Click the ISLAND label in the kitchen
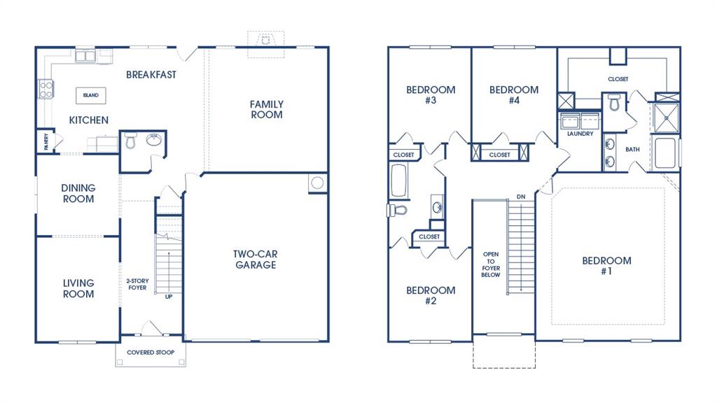coord(90,95)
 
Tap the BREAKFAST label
coord(151,74)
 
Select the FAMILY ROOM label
coord(267,109)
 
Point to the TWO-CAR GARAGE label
coord(255,260)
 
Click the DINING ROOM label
coord(78,193)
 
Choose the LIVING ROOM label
coord(78,288)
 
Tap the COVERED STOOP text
coord(151,352)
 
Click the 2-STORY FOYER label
coord(137,284)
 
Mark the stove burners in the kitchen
coord(46,89)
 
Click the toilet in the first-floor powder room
coord(130,143)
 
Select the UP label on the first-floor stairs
coord(168,297)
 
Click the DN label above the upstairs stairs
coord(520,197)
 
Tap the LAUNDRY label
coord(580,134)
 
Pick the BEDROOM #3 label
coord(431,94)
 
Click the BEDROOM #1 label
coord(606,266)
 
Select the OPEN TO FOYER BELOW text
coord(490,264)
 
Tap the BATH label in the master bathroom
coord(632,149)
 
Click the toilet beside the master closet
coord(615,104)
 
